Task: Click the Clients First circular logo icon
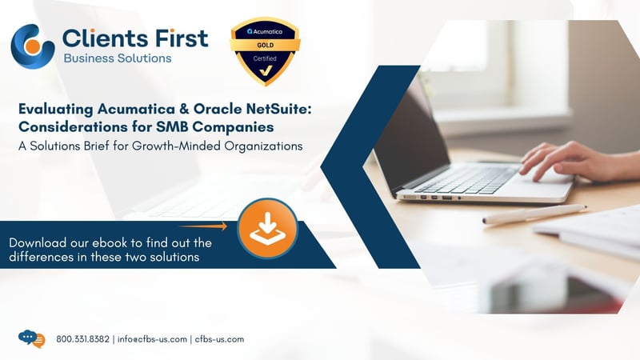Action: click(33, 46)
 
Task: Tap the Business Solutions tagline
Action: click(118, 58)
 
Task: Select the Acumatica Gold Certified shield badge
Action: click(266, 51)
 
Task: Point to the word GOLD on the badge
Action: click(266, 45)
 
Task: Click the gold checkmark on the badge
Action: click(266, 70)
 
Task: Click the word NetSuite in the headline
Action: click(278, 109)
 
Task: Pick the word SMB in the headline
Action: click(173, 127)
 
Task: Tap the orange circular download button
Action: click(268, 229)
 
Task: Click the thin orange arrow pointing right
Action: click(203, 226)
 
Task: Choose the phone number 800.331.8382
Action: click(83, 339)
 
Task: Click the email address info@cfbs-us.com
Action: click(152, 339)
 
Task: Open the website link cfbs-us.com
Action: click(219, 339)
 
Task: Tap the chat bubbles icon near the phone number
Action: click(32, 338)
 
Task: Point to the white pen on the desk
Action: click(534, 214)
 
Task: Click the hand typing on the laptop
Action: click(578, 162)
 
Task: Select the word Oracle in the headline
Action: click(218, 109)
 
